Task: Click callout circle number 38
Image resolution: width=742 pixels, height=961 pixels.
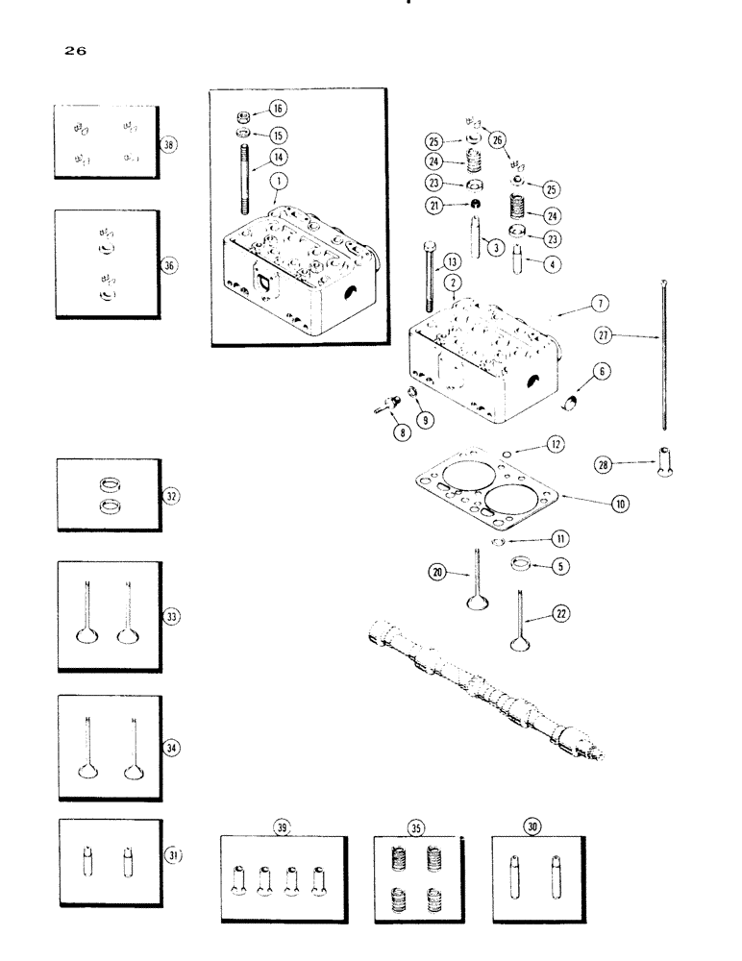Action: coord(169,144)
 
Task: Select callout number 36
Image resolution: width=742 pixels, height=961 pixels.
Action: coord(170,265)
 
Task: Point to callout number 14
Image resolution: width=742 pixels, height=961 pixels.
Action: coord(278,155)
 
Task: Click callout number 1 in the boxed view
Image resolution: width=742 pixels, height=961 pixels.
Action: coord(276,179)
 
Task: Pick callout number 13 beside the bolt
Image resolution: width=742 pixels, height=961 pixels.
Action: coord(453,261)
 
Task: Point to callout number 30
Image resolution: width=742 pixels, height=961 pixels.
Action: coord(531,825)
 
